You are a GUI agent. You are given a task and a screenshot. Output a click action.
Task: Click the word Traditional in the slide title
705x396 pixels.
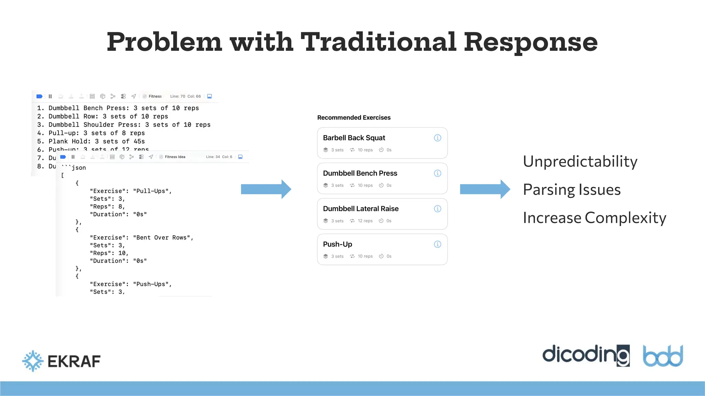pos(378,42)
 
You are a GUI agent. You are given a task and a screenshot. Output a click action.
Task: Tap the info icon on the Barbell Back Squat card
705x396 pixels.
pos(438,138)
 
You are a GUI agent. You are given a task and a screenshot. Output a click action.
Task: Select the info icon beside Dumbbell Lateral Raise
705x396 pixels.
pos(438,209)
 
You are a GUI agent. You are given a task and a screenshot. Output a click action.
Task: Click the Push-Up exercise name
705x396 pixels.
pos(337,244)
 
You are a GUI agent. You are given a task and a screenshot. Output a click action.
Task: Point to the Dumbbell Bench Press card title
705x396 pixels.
pos(360,173)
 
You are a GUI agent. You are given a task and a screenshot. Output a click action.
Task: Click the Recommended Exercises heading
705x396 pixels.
pos(354,118)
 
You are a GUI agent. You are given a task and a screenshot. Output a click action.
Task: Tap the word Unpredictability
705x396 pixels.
pos(580,162)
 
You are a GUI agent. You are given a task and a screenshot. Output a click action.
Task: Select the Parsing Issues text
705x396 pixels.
pos(572,190)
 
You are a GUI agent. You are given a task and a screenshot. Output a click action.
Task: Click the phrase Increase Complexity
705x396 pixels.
pos(594,218)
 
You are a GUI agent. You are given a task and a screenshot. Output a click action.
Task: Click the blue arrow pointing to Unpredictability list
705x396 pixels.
pos(485,189)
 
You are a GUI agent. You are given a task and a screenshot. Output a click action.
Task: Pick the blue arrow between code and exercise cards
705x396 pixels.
pos(266,189)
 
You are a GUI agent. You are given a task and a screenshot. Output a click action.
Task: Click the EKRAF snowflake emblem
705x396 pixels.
pos(33,361)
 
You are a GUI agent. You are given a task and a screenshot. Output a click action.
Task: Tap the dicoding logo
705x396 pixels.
pos(586,355)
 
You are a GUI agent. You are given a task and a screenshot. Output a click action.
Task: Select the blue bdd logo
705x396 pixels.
pos(663,356)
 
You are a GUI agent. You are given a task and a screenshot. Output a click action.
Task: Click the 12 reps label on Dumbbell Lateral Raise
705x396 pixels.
pos(365,221)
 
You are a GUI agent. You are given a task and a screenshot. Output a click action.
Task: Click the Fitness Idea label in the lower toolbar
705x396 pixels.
pos(175,157)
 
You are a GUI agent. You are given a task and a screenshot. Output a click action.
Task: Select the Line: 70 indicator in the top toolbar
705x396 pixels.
pos(178,96)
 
